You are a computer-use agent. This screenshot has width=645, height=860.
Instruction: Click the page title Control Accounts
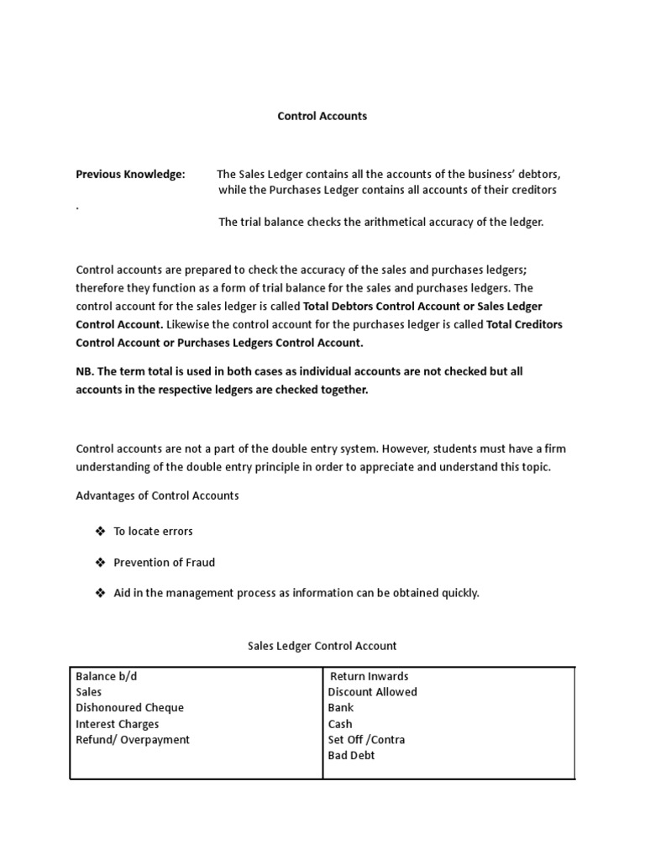322,116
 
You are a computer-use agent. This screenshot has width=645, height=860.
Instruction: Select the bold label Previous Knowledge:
130,174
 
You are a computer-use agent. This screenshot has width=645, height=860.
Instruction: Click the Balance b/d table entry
106,676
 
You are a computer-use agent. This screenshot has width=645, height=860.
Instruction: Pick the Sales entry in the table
88,692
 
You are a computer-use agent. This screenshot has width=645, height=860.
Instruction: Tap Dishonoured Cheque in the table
129,708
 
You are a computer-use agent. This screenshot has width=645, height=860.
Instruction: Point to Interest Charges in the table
117,724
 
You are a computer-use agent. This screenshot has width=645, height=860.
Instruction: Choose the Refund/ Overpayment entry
133,740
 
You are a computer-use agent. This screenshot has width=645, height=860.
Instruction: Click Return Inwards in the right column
370,676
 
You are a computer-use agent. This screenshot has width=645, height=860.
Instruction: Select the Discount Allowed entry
372,692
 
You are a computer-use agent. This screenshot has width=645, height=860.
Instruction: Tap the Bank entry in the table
340,708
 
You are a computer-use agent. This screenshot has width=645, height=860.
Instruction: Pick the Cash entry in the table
340,724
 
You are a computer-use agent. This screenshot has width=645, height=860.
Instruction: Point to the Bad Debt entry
351,756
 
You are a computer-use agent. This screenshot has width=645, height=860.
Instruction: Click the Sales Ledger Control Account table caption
322,646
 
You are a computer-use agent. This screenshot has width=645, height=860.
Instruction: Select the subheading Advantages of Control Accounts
157,496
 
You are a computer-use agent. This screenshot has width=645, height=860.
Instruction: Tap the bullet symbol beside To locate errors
100,532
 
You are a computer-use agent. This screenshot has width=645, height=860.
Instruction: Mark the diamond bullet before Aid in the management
100,593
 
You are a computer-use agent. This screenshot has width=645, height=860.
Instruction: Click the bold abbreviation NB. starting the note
85,371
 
